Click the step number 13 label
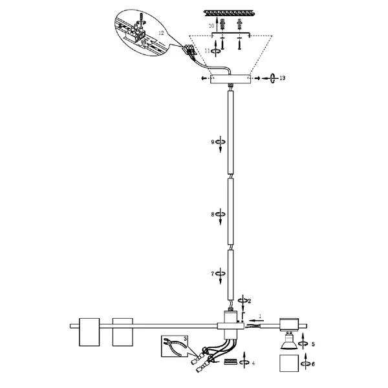pyautogui.click(x=283, y=78)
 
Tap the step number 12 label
pyautogui.click(x=161, y=33)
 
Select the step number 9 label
pyautogui.click(x=213, y=142)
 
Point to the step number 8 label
pyautogui.click(x=213, y=214)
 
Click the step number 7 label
pyautogui.click(x=213, y=274)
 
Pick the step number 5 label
pyautogui.click(x=313, y=344)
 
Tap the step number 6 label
pyautogui.click(x=313, y=364)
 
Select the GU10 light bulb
pyautogui.click(x=289, y=340)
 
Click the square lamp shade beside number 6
pyautogui.click(x=289, y=363)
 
